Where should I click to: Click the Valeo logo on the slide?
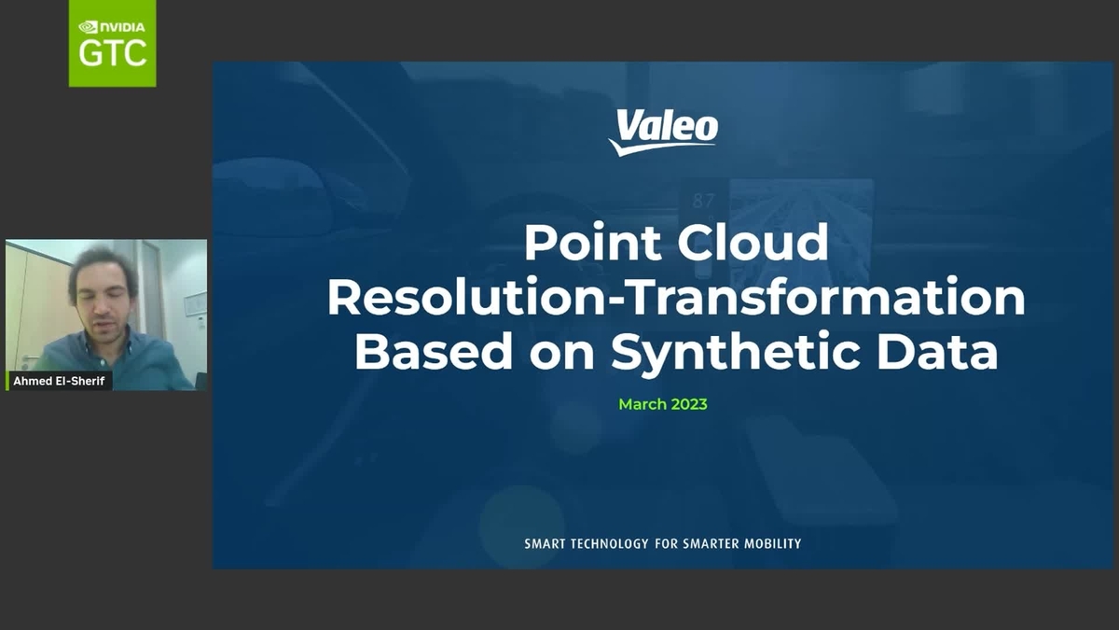coord(663,132)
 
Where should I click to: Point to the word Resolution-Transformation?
coord(676,298)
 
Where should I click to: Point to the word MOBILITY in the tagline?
coord(767,543)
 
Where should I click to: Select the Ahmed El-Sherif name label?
coord(59,381)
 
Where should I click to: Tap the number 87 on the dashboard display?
coord(704,200)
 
